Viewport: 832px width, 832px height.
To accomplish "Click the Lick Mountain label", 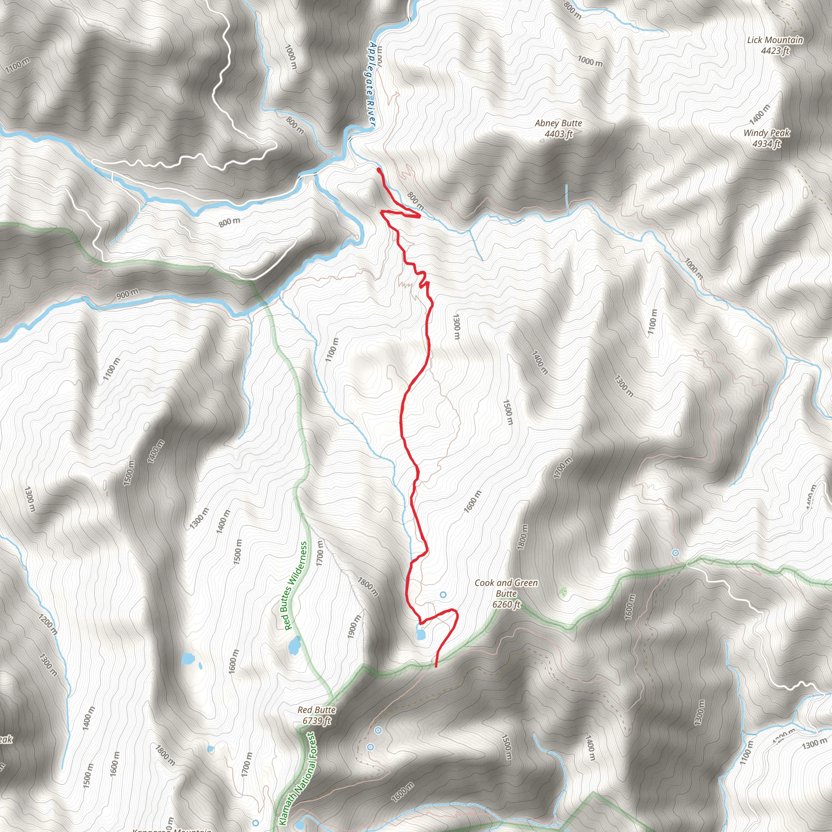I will [775, 40].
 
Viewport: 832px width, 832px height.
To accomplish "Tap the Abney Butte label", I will [558, 123].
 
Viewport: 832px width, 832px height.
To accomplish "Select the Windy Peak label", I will [767, 133].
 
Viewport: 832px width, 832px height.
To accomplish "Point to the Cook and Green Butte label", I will [506, 588].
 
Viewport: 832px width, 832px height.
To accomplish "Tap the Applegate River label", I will [372, 84].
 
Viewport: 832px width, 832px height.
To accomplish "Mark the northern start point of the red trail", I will [379, 170].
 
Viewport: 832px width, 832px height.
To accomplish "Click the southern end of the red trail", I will [436, 666].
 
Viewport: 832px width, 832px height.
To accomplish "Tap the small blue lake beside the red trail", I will [420, 633].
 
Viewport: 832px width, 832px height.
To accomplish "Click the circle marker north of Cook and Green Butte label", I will [443, 595].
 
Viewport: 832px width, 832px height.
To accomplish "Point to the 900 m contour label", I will [128, 295].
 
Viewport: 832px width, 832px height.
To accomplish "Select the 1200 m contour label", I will [48, 625].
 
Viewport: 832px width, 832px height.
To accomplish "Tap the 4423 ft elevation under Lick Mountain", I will [775, 51].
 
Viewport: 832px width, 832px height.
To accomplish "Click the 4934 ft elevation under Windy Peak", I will [767, 144].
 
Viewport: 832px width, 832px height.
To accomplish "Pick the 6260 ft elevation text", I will [506, 604].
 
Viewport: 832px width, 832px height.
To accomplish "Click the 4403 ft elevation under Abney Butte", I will [558, 134].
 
